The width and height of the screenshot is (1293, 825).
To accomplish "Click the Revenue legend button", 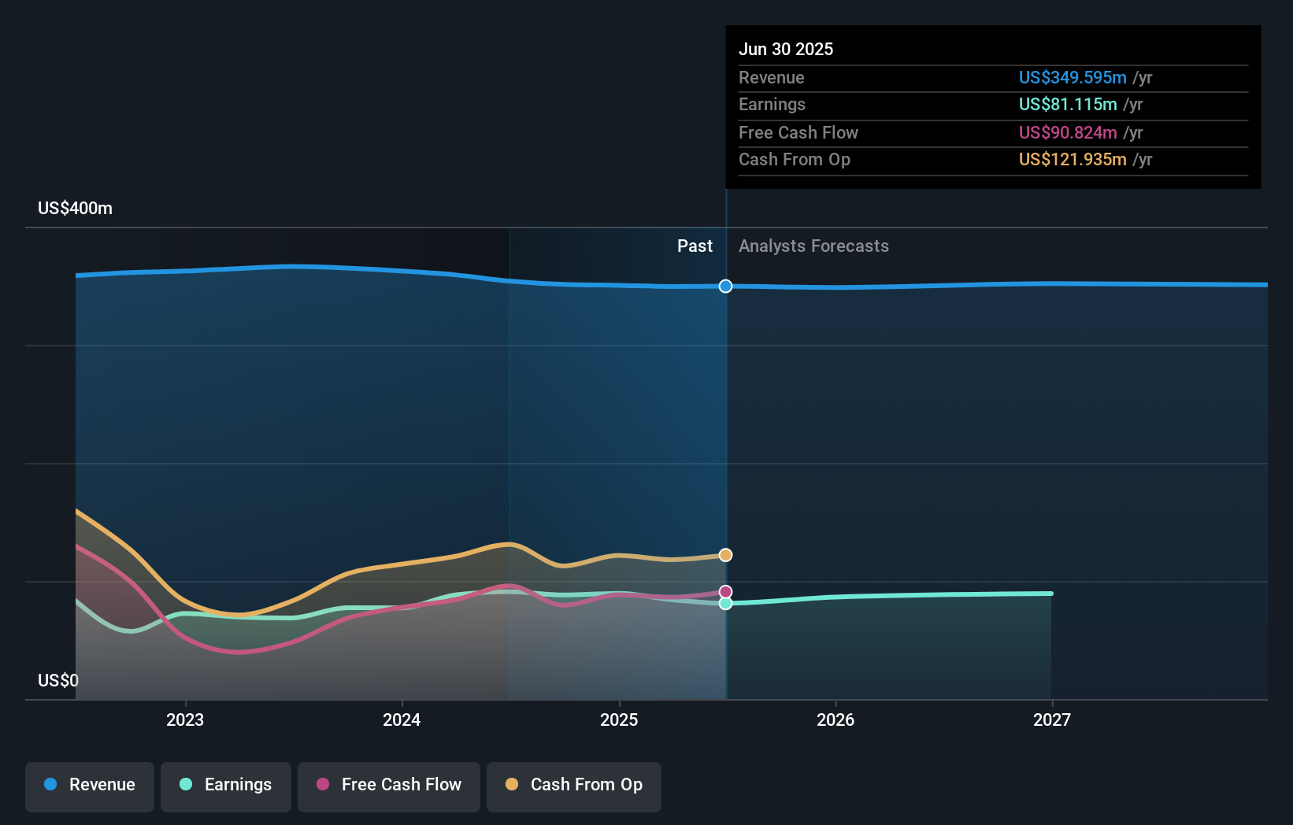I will coord(90,785).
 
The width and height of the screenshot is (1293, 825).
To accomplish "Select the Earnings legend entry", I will coord(226,785).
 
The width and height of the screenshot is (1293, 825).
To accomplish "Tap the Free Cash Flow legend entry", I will coord(389,785).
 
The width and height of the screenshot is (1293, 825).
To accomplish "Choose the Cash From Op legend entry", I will coord(574,785).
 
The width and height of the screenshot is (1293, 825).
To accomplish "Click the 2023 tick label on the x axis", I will coord(185,720).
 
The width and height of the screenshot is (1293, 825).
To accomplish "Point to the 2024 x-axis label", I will coord(402,720).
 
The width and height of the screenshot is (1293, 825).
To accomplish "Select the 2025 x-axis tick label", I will coord(619,720).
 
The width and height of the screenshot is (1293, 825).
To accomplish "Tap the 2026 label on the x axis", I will coord(835,720).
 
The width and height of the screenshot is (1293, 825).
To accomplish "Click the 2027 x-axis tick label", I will coord(1052,720).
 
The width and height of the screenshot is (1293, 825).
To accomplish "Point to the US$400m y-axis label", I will coord(75,209).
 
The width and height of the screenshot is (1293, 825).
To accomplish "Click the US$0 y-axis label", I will coord(58,680).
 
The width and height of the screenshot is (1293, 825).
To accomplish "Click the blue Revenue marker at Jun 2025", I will coord(725,286).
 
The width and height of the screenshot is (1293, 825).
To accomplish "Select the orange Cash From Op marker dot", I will coord(725,555).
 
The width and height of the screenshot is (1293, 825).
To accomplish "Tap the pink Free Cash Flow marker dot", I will coord(725,591).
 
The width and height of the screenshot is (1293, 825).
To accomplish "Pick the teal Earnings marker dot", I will coord(725,603).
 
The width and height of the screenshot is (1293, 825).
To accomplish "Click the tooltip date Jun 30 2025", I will coord(785,49).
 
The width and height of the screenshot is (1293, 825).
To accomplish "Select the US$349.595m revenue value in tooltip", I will coord(1072,77).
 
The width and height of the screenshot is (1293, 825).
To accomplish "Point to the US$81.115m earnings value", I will coord(1067,104).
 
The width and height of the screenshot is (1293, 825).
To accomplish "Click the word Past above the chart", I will coord(695,246).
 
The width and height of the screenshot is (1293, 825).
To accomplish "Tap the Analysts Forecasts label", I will coord(813,246).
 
